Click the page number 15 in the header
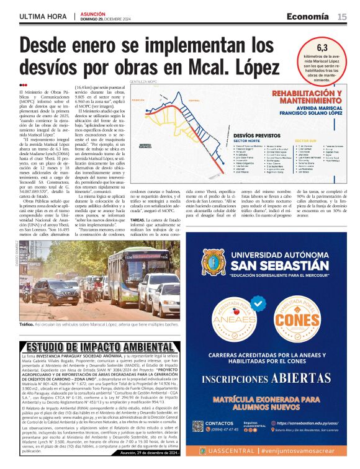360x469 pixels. tap(342, 17)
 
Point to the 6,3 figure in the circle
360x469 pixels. tap(323, 47)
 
